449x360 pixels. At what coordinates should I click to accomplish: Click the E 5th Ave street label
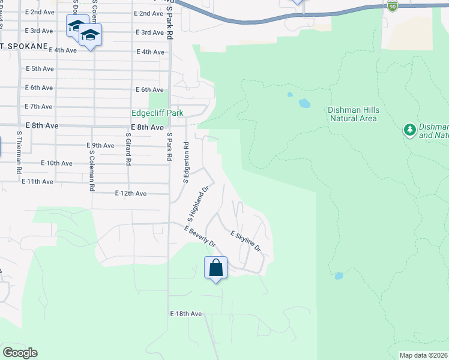pos(41,69)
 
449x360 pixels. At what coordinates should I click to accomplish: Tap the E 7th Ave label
pos(39,106)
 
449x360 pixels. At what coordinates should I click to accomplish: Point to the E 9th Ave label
pos(100,146)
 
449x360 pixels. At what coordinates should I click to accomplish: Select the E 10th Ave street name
pos(57,163)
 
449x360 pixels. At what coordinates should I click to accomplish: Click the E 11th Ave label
pos(37,181)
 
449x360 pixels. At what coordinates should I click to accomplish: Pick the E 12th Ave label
pos(131,194)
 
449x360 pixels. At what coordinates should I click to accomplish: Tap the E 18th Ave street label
pos(186,314)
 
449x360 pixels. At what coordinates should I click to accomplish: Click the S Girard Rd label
pos(128,149)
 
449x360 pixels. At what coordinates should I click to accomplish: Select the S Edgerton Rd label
pos(187,162)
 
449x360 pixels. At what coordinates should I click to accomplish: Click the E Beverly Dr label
pos(200,237)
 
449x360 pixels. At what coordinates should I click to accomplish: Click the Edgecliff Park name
pos(157,113)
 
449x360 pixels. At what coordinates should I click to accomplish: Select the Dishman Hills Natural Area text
pos(353,114)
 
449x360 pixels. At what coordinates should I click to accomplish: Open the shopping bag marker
pos(216,268)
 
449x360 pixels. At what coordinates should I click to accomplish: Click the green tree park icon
pos(410,130)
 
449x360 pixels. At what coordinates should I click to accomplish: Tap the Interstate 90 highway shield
pos(393,5)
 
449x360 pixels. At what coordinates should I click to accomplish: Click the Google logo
pos(20,353)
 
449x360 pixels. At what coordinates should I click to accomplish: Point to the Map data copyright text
pos(423,355)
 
